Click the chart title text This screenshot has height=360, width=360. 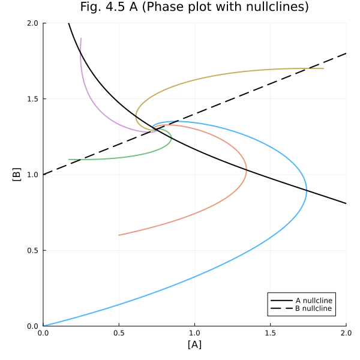(x=194, y=8)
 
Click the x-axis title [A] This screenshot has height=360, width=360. (x=194, y=344)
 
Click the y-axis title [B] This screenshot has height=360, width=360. (x=17, y=175)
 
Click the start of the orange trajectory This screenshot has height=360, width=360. (x=119, y=235)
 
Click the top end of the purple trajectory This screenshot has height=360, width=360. (x=81, y=38)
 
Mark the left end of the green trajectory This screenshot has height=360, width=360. (x=69, y=159)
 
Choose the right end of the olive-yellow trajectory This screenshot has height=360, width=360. (x=323, y=68)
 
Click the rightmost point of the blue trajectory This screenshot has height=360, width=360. (x=307, y=190)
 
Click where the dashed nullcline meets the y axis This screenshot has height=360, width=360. (x=43, y=175)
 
